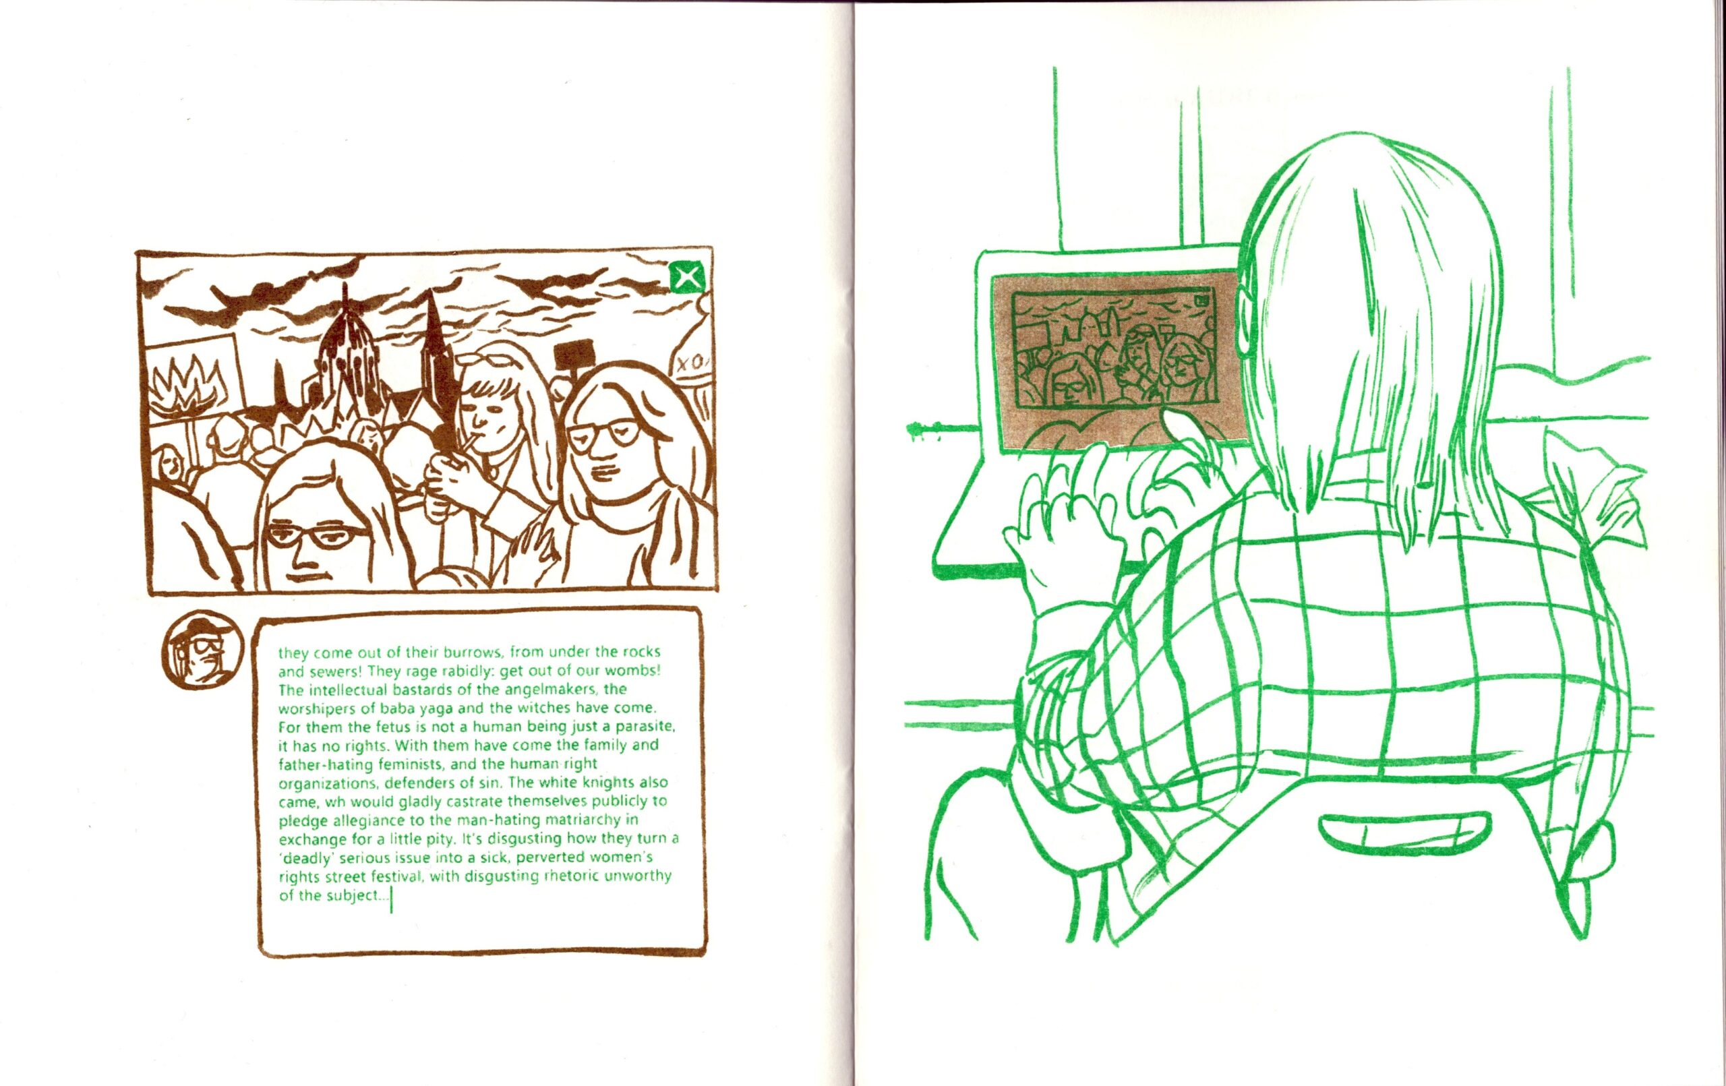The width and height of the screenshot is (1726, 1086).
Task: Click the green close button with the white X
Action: [686, 276]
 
